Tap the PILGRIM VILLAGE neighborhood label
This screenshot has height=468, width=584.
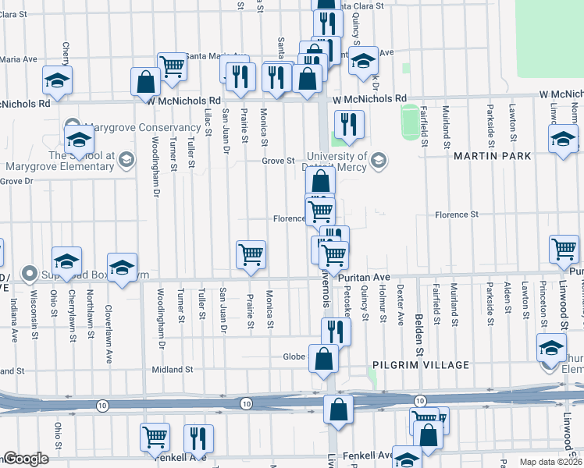tap(422, 365)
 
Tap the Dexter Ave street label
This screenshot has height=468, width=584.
tap(401, 303)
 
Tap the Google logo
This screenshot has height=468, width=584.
tap(26, 459)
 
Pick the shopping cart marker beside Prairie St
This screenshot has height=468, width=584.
tap(251, 253)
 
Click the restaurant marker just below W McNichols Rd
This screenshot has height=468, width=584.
tap(349, 124)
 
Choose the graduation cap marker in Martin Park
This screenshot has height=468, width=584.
tap(563, 140)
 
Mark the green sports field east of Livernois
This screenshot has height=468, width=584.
tap(409, 122)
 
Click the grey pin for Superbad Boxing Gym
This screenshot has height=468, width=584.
tap(30, 273)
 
